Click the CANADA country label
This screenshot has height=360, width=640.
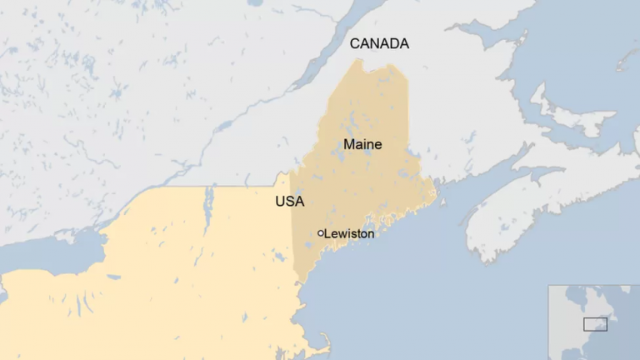click(x=379, y=43)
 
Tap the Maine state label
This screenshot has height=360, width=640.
click(x=362, y=144)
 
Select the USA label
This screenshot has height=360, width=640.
click(x=289, y=202)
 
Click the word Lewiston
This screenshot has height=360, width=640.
click(x=349, y=234)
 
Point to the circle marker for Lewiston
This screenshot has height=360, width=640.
click(x=320, y=233)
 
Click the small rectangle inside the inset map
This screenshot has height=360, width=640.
click(x=595, y=323)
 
